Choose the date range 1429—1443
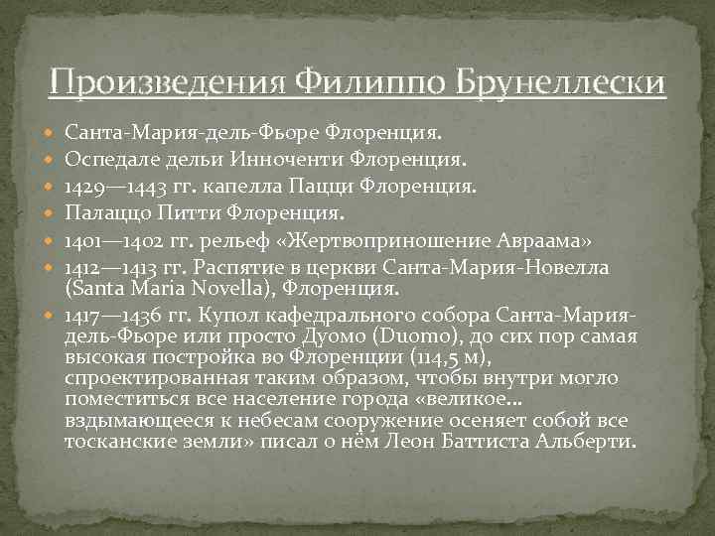(x=113, y=185)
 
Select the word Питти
(x=185, y=211)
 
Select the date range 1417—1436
(x=113, y=316)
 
